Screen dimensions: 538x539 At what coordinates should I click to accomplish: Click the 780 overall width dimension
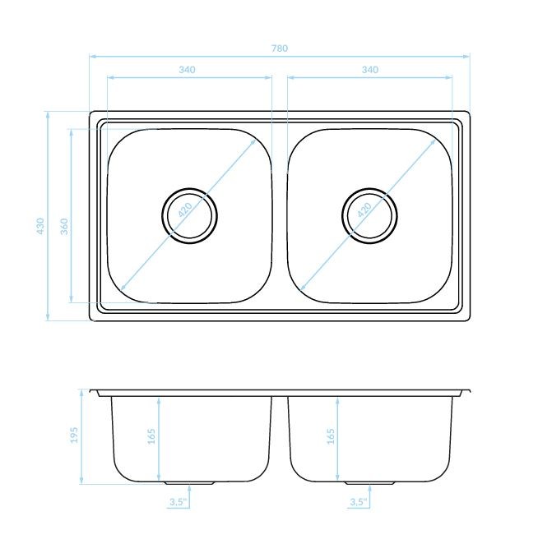pyautogui.click(x=279, y=48)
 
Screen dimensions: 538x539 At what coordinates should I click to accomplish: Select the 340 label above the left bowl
pyautogui.click(x=187, y=70)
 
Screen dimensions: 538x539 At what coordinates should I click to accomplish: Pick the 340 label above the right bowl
pyautogui.click(x=370, y=70)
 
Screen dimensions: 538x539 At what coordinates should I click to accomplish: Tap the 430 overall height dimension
pyautogui.click(x=40, y=226)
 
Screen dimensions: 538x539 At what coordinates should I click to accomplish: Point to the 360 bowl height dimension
pyautogui.click(x=64, y=226)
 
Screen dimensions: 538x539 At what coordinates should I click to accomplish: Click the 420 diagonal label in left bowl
pyautogui.click(x=185, y=210)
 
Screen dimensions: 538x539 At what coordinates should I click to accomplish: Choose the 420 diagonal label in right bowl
pyautogui.click(x=364, y=210)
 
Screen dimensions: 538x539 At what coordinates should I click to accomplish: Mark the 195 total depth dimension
pyautogui.click(x=74, y=435)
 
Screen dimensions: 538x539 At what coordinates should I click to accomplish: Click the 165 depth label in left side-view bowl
pyautogui.click(x=151, y=436)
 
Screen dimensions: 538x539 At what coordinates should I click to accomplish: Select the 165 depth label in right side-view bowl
pyautogui.click(x=331, y=436)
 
